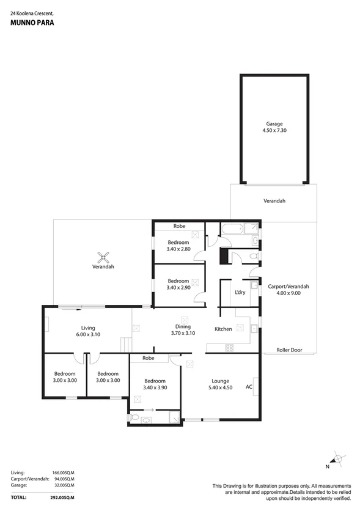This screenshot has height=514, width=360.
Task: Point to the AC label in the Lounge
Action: (x=249, y=386)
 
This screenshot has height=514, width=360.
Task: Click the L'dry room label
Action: (x=240, y=292)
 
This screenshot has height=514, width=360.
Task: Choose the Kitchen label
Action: (x=223, y=329)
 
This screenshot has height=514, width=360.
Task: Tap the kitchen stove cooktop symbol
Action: (x=230, y=348)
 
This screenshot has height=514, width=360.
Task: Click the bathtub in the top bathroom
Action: (x=233, y=230)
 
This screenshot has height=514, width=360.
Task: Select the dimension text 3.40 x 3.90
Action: (x=153, y=387)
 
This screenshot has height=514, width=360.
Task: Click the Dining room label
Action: (x=183, y=327)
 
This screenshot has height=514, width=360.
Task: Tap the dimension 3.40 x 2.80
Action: (x=180, y=249)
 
